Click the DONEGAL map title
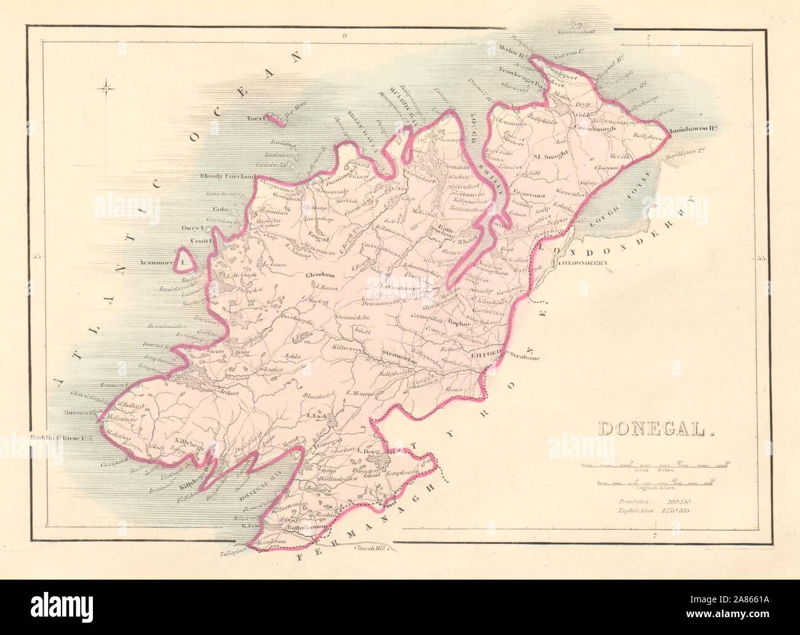click(x=655, y=429)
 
